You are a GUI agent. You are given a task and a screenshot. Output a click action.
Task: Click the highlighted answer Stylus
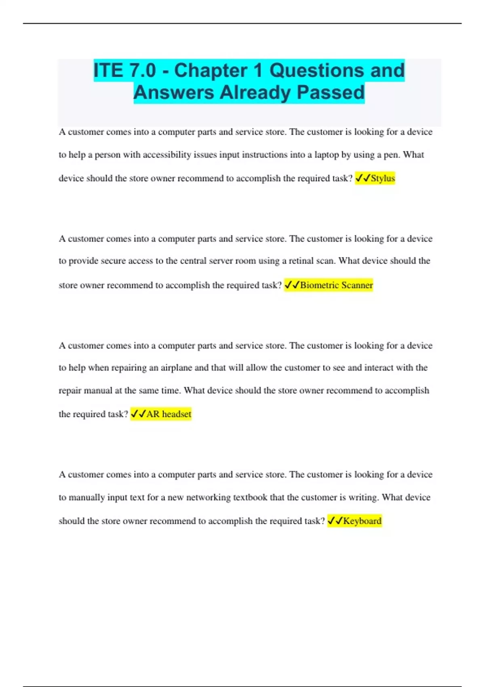point(383,178)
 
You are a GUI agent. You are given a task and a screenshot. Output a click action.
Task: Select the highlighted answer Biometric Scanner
point(336,285)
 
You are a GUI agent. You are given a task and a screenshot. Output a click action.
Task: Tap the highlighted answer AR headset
point(169,414)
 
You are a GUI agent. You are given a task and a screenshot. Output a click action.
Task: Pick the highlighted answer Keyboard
point(362,521)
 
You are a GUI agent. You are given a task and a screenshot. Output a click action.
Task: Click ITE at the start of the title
point(108,70)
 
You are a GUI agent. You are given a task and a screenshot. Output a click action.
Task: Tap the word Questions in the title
point(316,70)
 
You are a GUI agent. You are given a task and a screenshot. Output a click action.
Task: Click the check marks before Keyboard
point(335,521)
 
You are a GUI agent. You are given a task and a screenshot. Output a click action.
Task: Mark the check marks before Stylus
point(363,178)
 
